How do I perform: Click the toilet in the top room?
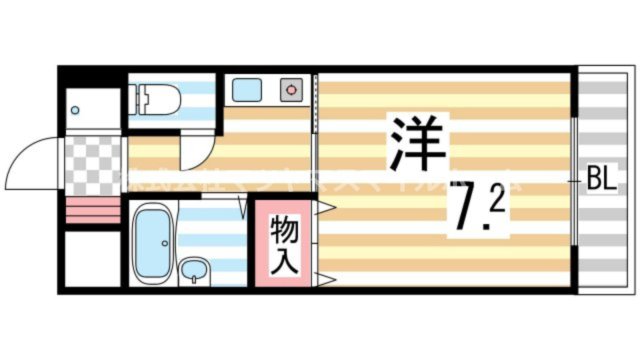click(x=161, y=97)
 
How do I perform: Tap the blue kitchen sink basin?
click(x=246, y=90)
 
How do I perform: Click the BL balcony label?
click(x=600, y=180)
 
